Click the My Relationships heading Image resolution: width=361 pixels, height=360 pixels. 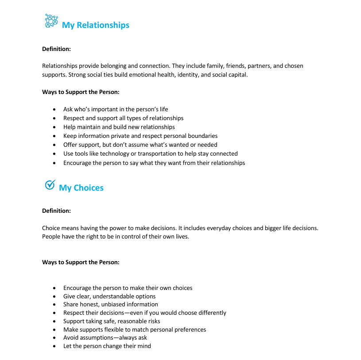tap(96, 25)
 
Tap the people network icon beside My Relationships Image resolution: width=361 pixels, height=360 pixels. tap(51, 21)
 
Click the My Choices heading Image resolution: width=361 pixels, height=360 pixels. tap(81, 188)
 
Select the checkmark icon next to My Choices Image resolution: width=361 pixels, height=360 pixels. tap(50, 184)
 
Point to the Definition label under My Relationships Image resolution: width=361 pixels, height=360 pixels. tap(56, 49)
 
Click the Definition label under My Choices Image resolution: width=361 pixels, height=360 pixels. tap(56, 211)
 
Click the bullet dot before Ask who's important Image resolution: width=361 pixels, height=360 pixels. tap(54, 110)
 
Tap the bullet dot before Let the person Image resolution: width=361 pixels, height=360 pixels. tap(54, 346)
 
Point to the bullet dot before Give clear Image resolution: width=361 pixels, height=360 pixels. tap(54, 297)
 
